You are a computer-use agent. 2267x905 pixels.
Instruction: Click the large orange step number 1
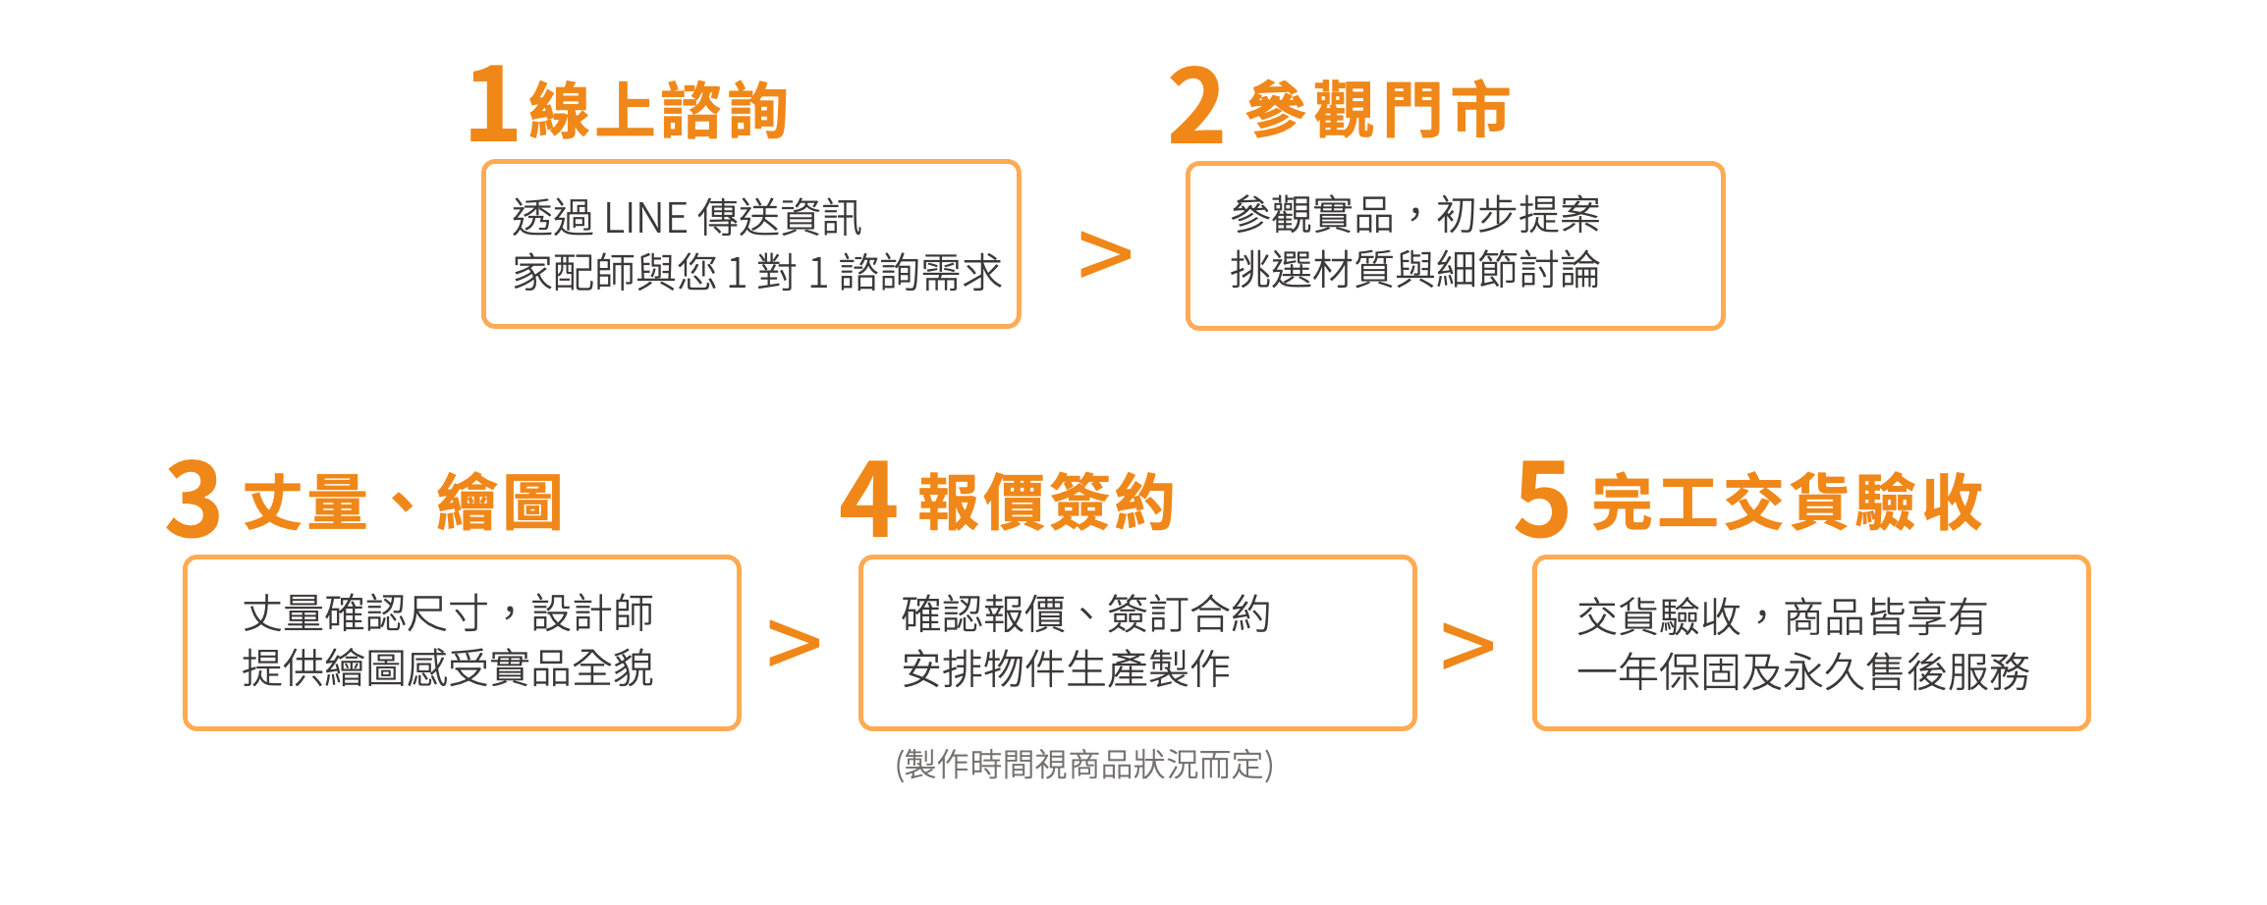tap(493, 104)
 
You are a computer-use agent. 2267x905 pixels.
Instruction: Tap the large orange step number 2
tap(1196, 106)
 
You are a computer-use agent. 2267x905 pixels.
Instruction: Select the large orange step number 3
tap(194, 500)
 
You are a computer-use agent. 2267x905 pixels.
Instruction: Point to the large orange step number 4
tap(868, 500)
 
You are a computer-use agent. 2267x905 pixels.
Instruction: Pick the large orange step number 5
tap(1542, 500)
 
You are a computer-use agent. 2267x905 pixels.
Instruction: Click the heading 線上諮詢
tap(658, 110)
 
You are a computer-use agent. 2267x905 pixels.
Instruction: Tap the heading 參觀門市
tap(1377, 110)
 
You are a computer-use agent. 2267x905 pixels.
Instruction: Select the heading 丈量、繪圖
tap(403, 503)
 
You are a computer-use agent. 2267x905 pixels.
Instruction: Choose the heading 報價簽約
tap(1046, 503)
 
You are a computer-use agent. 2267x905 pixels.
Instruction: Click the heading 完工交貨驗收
tap(1787, 503)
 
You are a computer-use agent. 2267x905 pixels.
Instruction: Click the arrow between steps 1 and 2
tap(1105, 254)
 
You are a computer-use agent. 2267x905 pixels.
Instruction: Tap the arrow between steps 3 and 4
tap(794, 643)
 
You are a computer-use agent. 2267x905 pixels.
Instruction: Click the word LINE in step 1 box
tap(645, 218)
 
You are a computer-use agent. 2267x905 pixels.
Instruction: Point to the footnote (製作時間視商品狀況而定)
tap(1084, 764)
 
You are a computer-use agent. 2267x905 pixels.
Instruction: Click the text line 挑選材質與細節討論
tap(1414, 270)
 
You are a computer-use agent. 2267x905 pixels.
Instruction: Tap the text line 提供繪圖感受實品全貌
tap(448, 668)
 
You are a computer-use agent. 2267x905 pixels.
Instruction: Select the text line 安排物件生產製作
tap(1066, 669)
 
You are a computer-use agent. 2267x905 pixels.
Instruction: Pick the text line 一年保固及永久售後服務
tap(1802, 672)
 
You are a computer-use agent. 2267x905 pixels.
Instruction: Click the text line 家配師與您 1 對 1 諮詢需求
tap(756, 273)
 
